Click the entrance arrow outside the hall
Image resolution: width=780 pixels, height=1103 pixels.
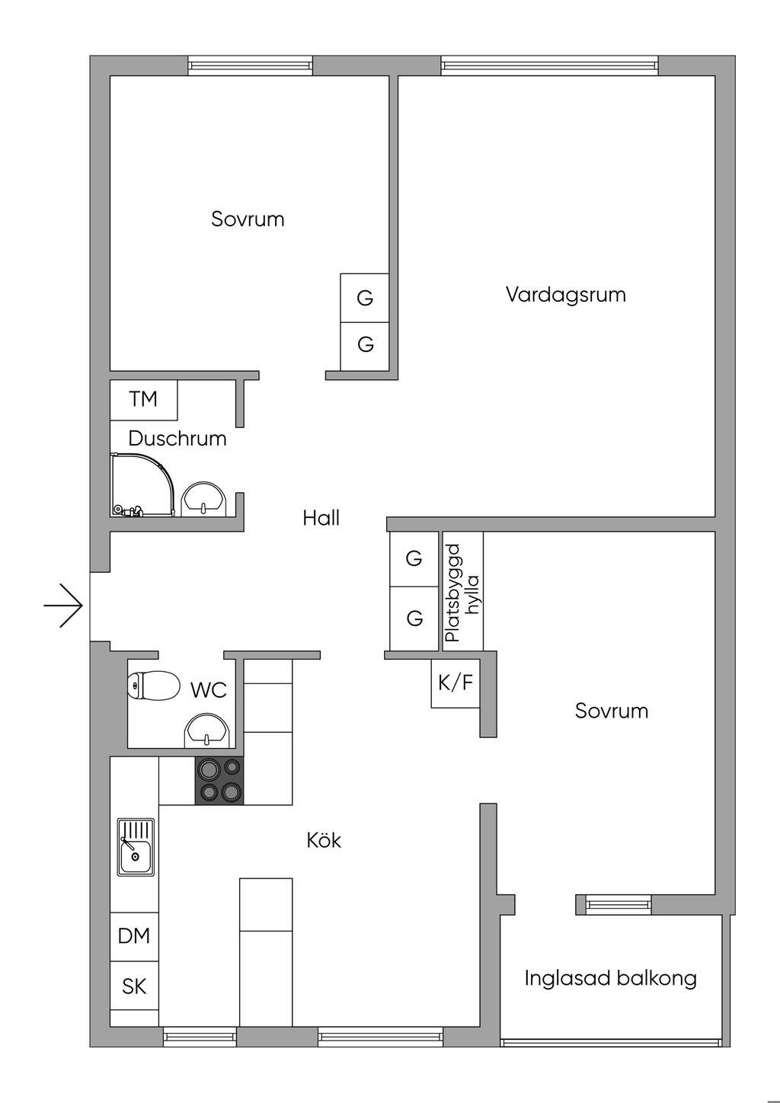click(63, 606)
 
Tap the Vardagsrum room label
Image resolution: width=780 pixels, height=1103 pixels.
click(565, 295)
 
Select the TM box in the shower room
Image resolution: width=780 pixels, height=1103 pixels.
click(143, 399)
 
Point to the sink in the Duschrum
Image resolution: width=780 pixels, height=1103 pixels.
click(203, 500)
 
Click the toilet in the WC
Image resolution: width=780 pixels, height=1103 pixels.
click(152, 686)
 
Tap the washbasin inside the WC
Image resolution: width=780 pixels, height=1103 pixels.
click(206, 731)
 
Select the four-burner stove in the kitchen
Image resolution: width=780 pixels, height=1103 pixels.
click(220, 781)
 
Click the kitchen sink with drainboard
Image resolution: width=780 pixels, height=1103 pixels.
click(136, 846)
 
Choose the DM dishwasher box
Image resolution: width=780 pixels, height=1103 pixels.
click(134, 935)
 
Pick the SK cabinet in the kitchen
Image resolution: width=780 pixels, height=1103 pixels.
click(134, 986)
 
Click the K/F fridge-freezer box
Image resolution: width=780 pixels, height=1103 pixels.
click(455, 683)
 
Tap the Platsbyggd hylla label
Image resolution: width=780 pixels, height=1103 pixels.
click(462, 592)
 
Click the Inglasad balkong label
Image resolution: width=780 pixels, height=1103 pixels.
click(610, 978)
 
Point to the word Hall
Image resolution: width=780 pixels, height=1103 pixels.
click(321, 519)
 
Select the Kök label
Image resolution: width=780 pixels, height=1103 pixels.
click(324, 840)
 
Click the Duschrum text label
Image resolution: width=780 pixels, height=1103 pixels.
click(177, 439)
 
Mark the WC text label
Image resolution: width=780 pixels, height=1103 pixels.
click(209, 690)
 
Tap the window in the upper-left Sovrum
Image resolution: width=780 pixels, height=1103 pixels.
click(250, 66)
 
